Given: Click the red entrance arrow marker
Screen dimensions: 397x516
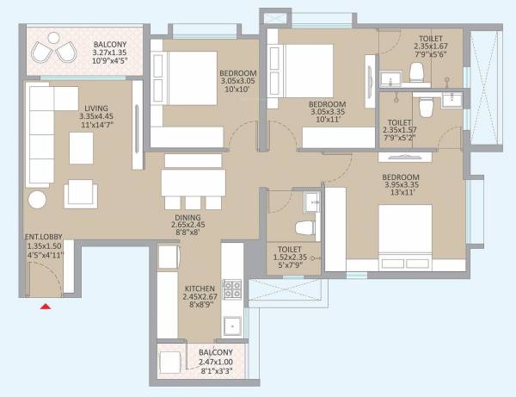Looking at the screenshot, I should [x=46, y=304].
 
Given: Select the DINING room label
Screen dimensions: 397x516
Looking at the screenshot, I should [x=187, y=218].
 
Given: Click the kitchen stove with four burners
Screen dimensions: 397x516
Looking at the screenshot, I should [x=232, y=290].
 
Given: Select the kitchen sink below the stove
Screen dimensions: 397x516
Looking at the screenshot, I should [x=231, y=326].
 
